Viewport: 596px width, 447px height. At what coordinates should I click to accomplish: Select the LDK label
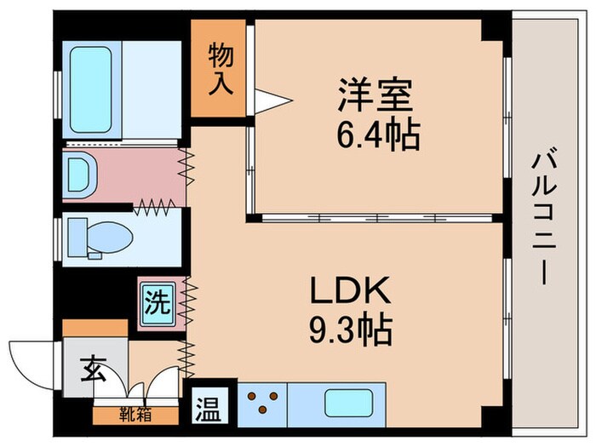point(350,292)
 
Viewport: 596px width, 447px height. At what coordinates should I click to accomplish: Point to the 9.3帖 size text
point(350,327)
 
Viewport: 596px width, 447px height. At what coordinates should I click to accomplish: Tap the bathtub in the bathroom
point(89,89)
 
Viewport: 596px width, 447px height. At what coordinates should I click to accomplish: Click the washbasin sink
point(82,174)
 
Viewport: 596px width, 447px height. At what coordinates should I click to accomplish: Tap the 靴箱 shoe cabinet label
point(137,416)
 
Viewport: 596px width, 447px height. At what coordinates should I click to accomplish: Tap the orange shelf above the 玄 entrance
point(94,328)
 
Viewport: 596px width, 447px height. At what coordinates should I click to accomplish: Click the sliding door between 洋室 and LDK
point(375,218)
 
